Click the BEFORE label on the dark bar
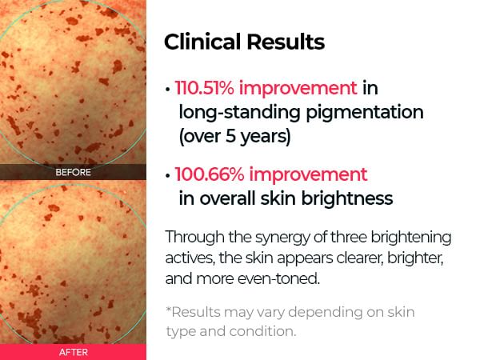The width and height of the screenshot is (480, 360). (73, 172)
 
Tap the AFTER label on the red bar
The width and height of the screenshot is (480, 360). (74, 352)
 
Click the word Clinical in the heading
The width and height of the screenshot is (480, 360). (202, 42)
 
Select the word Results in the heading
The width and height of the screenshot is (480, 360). (286, 42)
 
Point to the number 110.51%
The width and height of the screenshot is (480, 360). (205, 88)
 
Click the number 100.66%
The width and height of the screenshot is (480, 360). (210, 174)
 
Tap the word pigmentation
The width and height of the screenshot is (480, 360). (365, 113)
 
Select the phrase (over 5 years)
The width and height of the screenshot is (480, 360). (234, 136)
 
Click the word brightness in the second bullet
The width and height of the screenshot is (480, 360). (347, 198)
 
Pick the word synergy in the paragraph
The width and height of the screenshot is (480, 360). (282, 238)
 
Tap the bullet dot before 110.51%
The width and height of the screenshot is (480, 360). (167, 90)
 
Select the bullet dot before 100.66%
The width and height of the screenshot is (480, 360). (167, 176)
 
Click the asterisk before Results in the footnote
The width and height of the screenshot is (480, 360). (168, 309)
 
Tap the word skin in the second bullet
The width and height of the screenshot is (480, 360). (279, 198)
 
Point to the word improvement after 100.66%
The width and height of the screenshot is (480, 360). (308, 174)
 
